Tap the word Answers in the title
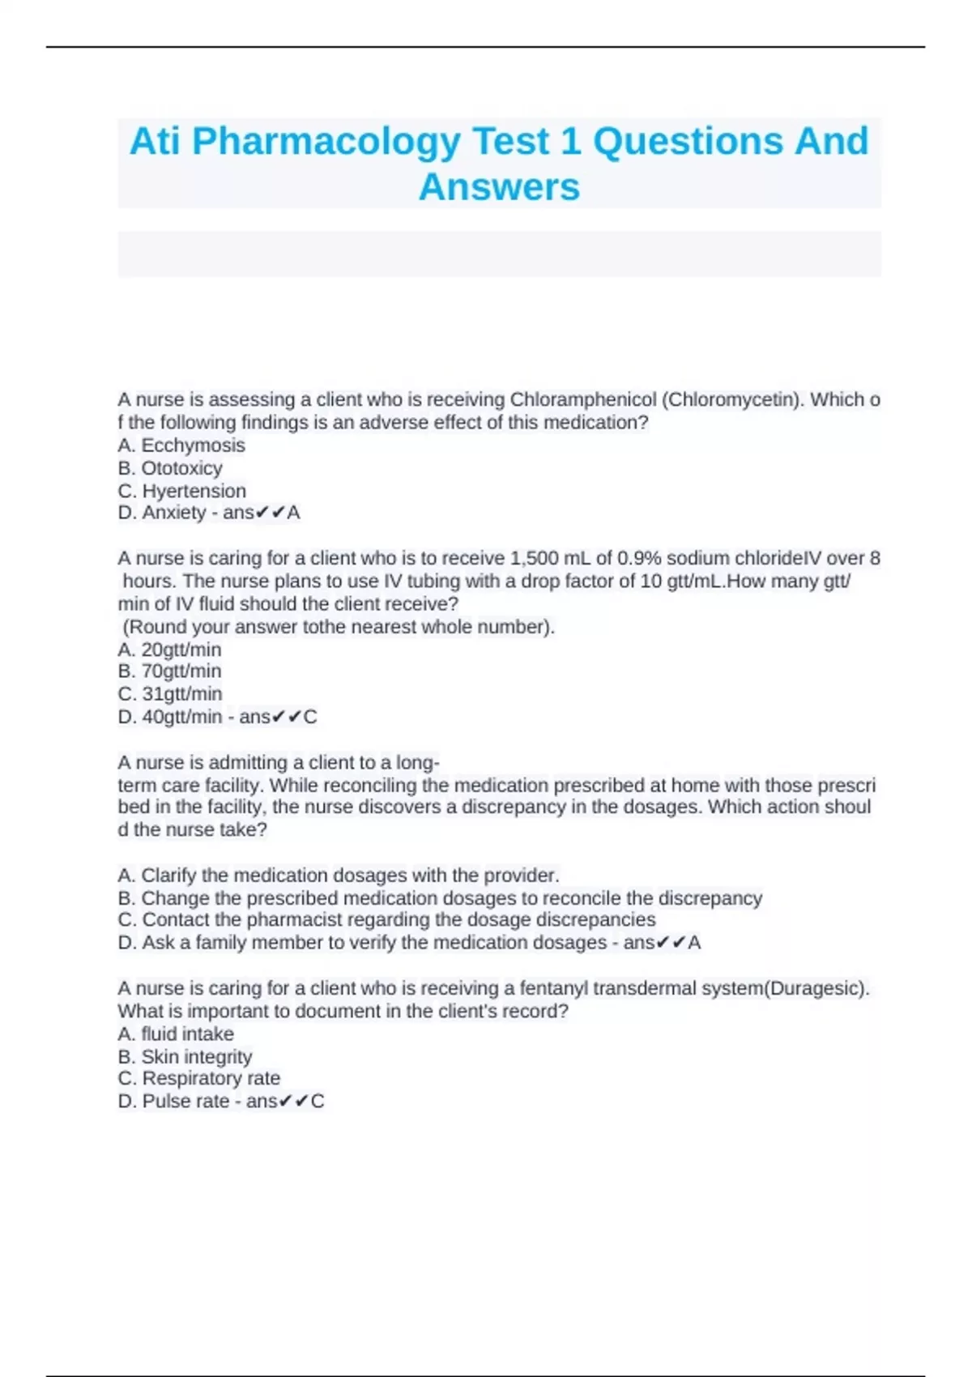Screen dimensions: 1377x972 499,187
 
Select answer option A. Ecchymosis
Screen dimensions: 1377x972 181,446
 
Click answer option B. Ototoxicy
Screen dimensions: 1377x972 170,468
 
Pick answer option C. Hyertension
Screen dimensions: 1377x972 182,491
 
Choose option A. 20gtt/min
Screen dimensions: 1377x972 169,650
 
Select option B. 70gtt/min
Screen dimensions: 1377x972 169,671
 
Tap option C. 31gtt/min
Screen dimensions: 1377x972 170,694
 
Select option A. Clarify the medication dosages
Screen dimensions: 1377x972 339,876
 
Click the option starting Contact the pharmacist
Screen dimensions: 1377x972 387,920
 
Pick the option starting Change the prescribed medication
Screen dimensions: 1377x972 440,898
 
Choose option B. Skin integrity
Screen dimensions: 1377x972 185,1057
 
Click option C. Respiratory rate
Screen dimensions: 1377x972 199,1079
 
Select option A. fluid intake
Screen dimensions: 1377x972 176,1034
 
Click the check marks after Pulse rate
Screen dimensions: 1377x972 292,1102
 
